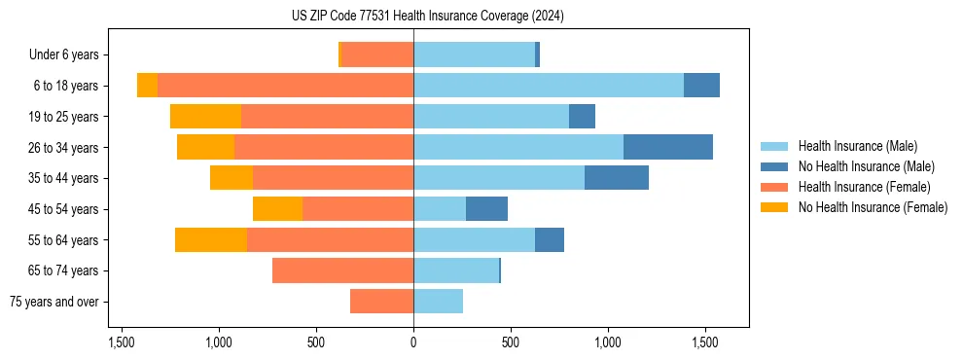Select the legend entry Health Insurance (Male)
click(856, 146)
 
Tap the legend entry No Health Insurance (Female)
click(872, 207)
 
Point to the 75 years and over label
click(53, 302)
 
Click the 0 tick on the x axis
click(413, 342)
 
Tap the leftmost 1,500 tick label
click(122, 342)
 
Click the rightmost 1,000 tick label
click(608, 342)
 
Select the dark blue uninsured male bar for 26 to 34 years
click(668, 147)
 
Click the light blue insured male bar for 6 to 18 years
click(549, 86)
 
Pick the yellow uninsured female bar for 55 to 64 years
click(211, 239)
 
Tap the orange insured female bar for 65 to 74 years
click(342, 270)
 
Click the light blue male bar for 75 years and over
click(438, 302)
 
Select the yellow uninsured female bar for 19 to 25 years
click(205, 117)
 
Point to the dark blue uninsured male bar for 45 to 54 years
click(486, 209)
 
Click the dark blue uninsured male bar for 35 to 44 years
click(617, 178)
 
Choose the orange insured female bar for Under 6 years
click(377, 55)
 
